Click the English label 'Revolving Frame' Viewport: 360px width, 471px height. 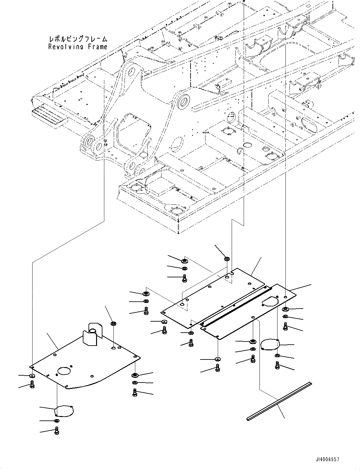point(78,47)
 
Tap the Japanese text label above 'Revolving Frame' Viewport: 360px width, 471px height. point(78,39)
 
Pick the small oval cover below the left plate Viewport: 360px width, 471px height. point(64,411)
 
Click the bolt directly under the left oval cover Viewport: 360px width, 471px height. point(57,430)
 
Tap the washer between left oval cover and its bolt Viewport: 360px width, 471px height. point(56,421)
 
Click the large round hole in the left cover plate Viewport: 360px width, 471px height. point(65,371)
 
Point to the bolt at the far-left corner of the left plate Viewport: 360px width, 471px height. point(32,384)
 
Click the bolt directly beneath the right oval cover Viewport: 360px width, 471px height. point(277,365)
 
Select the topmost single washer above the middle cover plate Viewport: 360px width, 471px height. point(227,259)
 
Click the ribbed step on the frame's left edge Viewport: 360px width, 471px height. point(49,116)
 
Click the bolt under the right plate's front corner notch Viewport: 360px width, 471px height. point(217,368)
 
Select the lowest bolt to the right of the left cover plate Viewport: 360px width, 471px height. point(135,392)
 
